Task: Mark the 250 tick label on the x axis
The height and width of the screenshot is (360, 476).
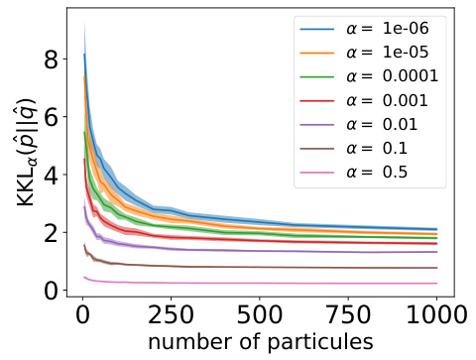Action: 171,317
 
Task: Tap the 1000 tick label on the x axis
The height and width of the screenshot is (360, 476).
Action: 429,317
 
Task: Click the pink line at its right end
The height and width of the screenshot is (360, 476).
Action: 435,284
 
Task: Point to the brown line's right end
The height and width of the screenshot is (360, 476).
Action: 435,268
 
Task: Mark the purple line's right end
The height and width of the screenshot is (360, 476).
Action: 435,252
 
